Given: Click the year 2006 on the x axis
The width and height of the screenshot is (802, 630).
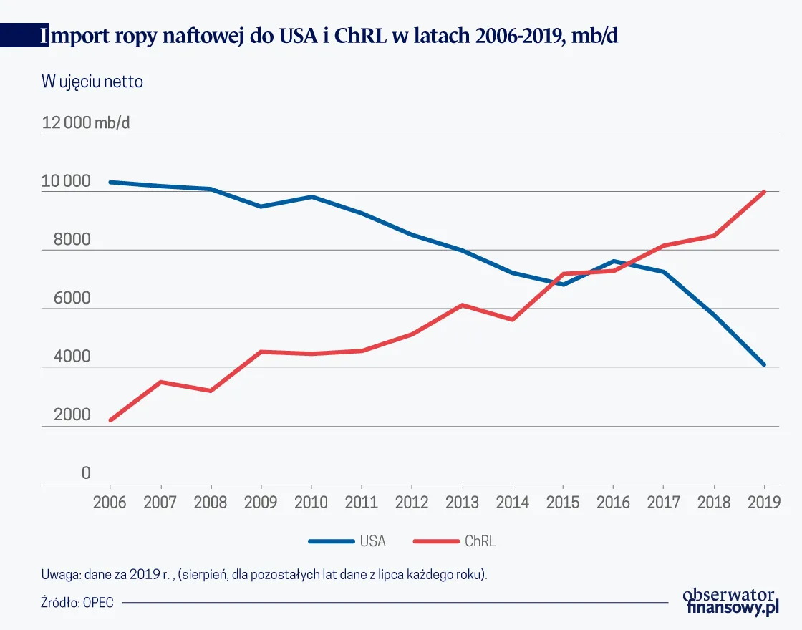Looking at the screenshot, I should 110,502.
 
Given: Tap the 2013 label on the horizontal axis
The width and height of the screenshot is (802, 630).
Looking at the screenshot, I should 462,502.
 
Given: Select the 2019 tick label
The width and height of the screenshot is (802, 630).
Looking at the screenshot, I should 764,502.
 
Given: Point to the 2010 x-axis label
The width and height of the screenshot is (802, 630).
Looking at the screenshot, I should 311,502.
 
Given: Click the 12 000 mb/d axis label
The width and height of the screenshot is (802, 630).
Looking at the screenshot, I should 86,122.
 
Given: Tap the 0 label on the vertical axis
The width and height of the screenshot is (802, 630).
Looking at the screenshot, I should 86,473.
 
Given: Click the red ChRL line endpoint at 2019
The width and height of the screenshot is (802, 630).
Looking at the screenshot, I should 764,192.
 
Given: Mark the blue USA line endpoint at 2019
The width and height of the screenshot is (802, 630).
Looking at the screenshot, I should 764,364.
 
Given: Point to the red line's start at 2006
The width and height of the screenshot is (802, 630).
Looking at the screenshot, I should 110,420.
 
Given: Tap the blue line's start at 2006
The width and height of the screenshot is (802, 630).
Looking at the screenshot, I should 110,182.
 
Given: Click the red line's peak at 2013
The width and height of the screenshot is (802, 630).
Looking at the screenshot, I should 462,305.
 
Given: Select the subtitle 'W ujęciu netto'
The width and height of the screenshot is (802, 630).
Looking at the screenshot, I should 92,82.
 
